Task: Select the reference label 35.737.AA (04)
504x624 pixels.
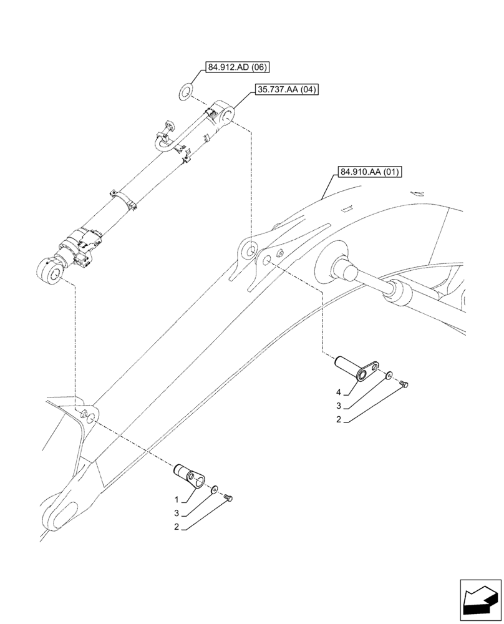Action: point(287,90)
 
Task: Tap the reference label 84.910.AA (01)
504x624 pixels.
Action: point(369,171)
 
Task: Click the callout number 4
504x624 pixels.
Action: point(338,392)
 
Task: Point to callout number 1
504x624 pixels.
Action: point(177,500)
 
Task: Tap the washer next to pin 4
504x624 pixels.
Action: point(389,376)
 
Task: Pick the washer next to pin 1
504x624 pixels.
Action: point(215,489)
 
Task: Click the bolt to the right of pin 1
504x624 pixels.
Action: point(229,497)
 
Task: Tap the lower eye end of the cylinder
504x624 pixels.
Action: point(51,271)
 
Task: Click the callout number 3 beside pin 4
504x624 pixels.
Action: point(338,406)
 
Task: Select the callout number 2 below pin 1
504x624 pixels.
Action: point(177,527)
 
